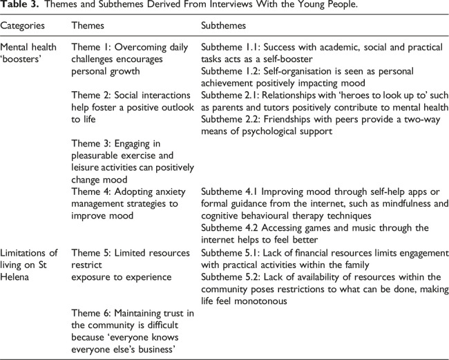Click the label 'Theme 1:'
[x=93, y=48]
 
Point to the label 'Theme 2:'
[x=93, y=95]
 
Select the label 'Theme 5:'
[x=93, y=251]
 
